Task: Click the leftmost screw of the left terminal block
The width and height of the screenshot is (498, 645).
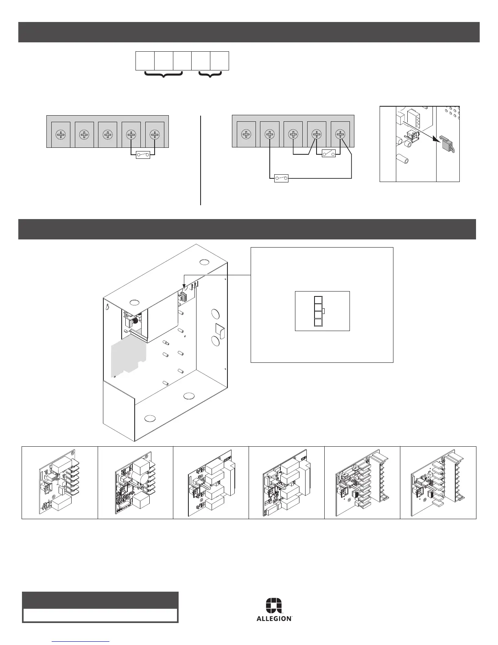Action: (x=61, y=134)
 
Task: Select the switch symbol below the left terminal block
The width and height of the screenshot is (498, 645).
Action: (x=143, y=155)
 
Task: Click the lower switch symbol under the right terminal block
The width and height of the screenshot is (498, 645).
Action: (x=282, y=178)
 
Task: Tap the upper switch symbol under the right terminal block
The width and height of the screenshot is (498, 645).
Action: (x=329, y=154)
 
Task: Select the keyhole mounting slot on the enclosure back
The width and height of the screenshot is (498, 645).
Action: (x=108, y=307)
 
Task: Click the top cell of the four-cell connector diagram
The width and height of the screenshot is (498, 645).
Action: (x=318, y=300)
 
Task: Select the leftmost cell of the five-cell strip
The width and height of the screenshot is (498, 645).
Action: (x=145, y=61)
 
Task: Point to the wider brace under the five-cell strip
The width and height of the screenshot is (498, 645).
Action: (x=163, y=75)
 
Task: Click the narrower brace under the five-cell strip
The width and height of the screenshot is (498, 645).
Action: (x=210, y=75)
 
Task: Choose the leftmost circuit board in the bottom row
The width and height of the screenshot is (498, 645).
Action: (x=59, y=482)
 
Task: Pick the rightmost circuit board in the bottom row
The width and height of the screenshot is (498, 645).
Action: (x=438, y=482)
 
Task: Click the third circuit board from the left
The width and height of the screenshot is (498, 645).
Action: (x=211, y=482)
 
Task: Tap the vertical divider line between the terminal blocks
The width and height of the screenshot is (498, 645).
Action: (x=201, y=160)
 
